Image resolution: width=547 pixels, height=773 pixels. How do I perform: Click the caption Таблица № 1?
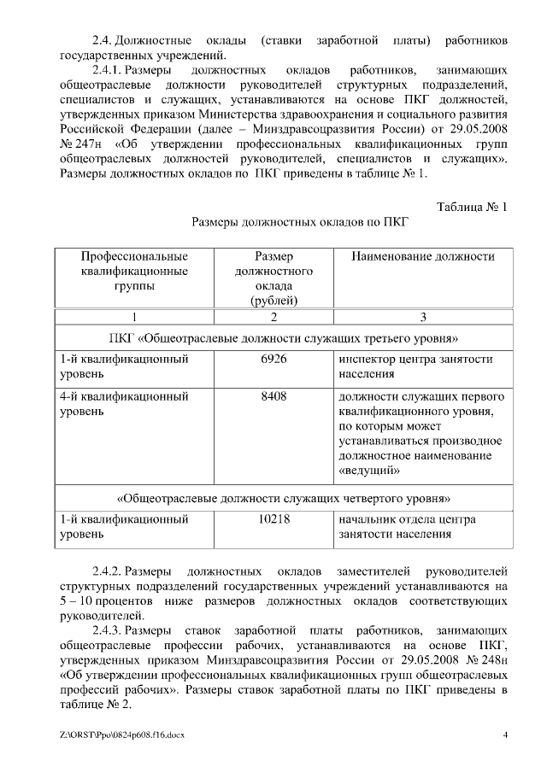[x=472, y=208]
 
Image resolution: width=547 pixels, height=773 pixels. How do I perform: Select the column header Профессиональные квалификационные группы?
[x=134, y=271]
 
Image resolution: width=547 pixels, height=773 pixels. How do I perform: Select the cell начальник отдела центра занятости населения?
[x=408, y=526]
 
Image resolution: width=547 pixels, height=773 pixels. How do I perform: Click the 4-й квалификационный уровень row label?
[x=124, y=403]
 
